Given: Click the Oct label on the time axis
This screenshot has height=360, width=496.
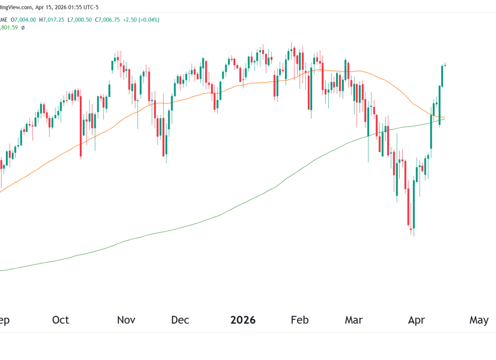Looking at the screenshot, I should (61, 320).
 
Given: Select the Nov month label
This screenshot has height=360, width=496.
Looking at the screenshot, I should (126, 320).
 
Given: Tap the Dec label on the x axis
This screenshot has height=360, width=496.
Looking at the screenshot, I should (180, 320).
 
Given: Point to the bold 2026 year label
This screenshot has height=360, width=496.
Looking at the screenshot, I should (243, 320).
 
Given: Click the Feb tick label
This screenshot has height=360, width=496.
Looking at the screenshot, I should (300, 320).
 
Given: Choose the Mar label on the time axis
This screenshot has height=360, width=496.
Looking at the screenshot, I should (354, 320).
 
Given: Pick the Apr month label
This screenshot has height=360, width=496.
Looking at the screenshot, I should (417, 320).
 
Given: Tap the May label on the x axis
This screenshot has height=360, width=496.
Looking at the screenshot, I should (478, 320).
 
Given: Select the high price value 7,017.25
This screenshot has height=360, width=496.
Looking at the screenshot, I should (54, 20).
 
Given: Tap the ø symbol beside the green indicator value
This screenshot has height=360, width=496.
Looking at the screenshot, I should (23, 28).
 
